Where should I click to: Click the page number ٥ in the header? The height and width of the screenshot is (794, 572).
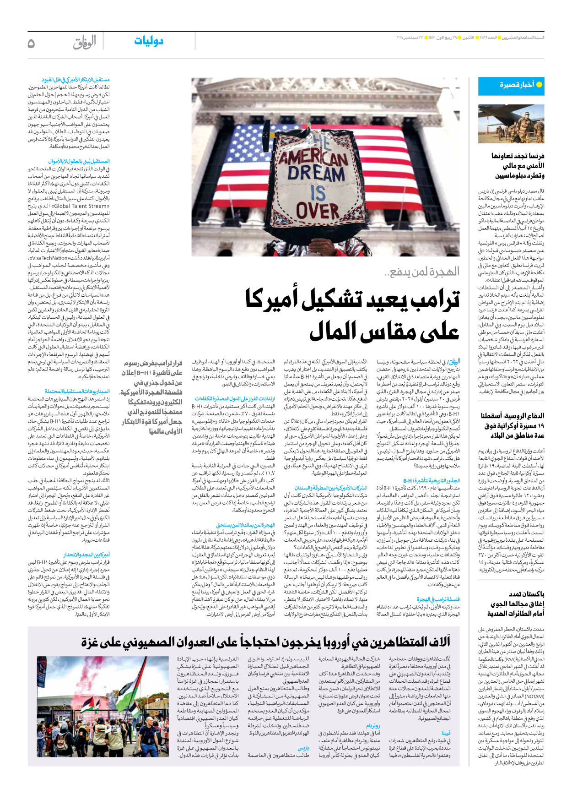pos(31,43)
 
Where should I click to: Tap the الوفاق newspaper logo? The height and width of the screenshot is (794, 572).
pos(85,42)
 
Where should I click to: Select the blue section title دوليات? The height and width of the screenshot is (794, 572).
pos(149,41)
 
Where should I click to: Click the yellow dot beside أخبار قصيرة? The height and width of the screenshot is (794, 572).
pos(539,85)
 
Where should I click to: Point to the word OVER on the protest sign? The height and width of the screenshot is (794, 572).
pos(318,212)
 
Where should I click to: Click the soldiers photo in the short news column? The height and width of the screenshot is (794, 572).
pos(511,124)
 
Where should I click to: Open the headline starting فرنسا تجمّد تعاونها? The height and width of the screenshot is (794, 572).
pos(517,166)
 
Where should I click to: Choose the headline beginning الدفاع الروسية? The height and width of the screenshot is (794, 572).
pos(513,425)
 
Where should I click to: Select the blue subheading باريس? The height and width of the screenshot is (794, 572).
pos(303,748)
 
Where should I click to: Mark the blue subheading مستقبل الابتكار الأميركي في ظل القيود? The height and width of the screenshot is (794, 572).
pos(76,80)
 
